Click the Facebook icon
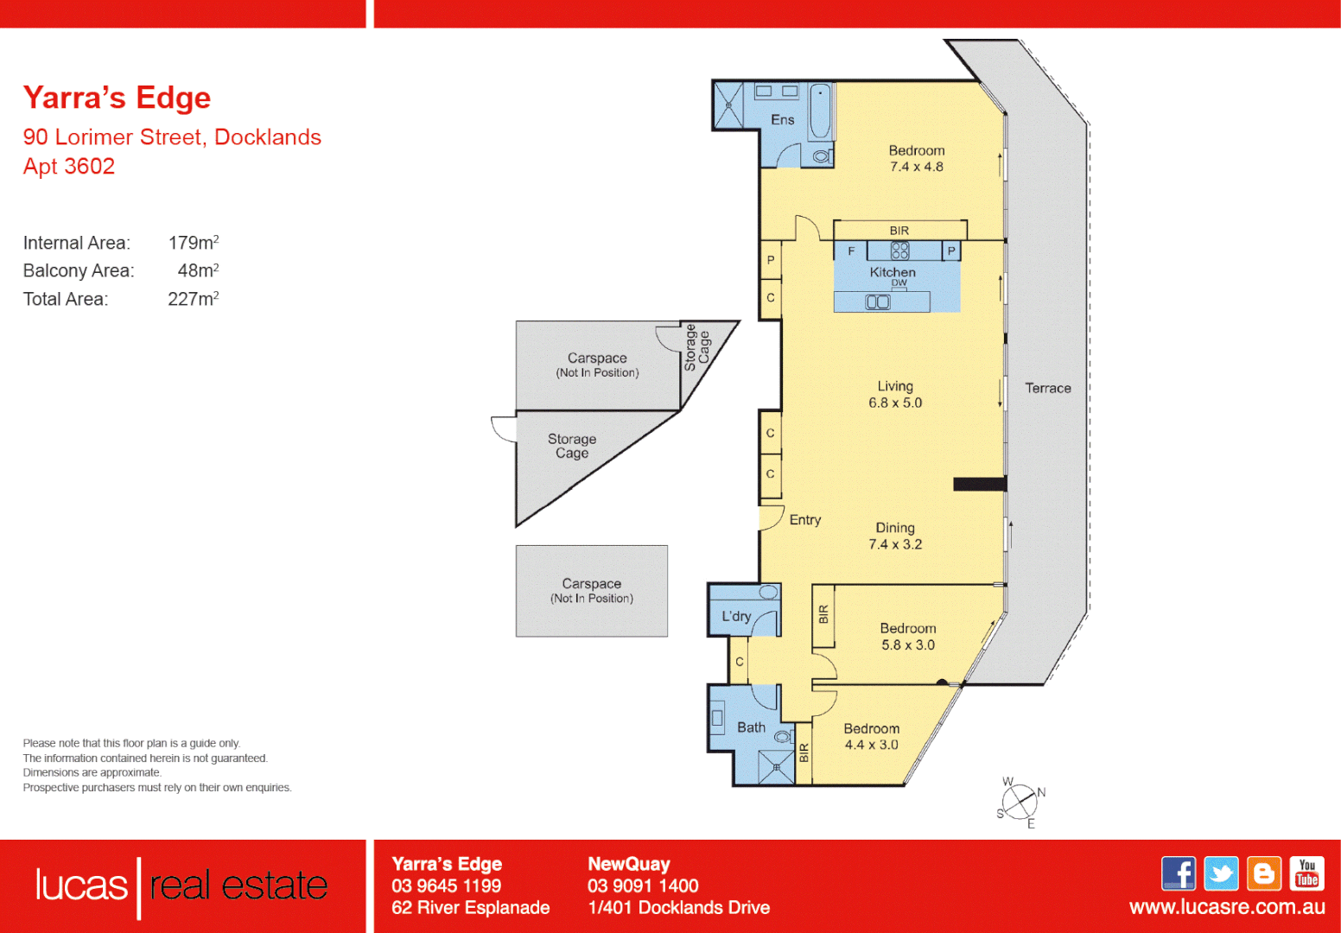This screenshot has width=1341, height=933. (x=1179, y=873)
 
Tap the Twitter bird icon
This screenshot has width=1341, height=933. (x=1221, y=873)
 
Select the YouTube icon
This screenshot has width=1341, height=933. (x=1306, y=873)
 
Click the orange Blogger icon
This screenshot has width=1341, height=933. (x=1264, y=873)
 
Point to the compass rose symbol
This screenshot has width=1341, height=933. (x=1020, y=802)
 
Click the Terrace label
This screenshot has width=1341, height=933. (x=1048, y=389)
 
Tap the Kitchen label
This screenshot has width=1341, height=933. (x=893, y=272)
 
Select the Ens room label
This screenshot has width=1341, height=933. (x=782, y=120)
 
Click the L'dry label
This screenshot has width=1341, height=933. (x=736, y=616)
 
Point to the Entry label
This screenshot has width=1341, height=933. (x=804, y=520)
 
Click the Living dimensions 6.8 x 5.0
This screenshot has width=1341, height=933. (x=895, y=403)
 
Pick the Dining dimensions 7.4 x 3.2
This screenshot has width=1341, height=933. (x=895, y=544)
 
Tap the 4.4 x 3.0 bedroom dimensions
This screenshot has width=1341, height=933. (x=871, y=745)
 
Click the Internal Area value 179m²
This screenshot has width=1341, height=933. (x=193, y=243)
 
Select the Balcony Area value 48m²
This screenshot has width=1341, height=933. (x=198, y=270)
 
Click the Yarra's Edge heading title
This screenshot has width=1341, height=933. (x=117, y=98)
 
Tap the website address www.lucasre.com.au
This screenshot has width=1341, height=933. (x=1226, y=907)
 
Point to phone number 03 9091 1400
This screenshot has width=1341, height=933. (x=643, y=885)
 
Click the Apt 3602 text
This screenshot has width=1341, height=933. (x=69, y=166)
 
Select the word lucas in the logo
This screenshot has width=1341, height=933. (x=81, y=885)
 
